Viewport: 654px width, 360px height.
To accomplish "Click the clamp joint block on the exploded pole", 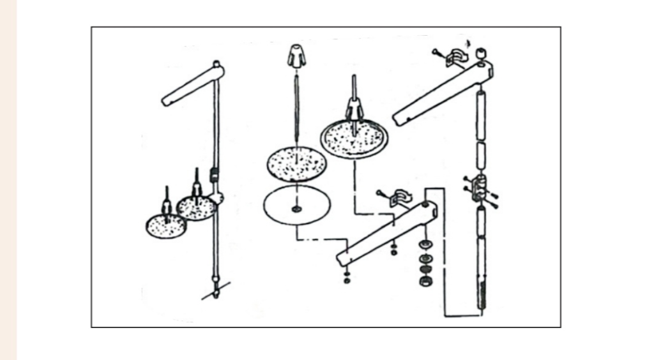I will tap(480, 189).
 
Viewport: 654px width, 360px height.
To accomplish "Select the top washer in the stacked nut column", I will tap(425, 245).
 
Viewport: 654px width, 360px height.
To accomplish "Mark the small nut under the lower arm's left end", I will tap(346, 276).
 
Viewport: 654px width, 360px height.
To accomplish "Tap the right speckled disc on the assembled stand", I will tap(196, 207).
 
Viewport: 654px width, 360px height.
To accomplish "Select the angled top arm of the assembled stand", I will tap(192, 86).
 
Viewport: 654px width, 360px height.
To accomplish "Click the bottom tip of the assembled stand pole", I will tap(217, 295).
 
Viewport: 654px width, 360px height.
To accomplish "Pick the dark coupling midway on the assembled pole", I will tap(215, 172).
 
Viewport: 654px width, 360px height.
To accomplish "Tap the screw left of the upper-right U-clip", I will tap(437, 52).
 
